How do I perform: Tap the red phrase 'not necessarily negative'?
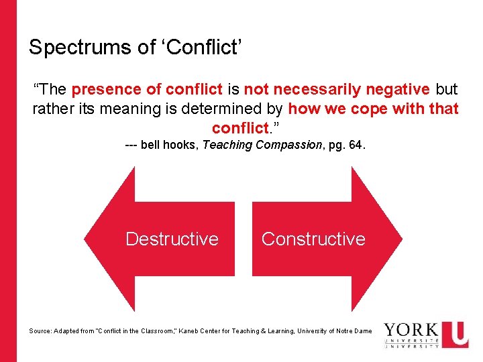click(337, 89)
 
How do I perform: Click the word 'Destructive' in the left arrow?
click(172, 239)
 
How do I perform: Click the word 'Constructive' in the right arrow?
click(313, 239)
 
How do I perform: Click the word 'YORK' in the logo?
click(411, 331)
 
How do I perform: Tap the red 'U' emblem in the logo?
click(456, 333)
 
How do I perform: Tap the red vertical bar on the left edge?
click(8, 181)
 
